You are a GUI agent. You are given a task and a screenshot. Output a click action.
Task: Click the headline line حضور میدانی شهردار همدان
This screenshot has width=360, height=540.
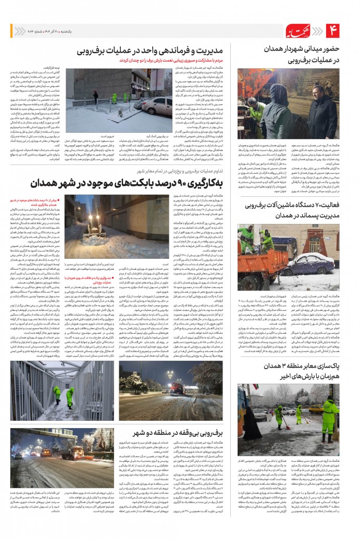coord(302,48)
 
